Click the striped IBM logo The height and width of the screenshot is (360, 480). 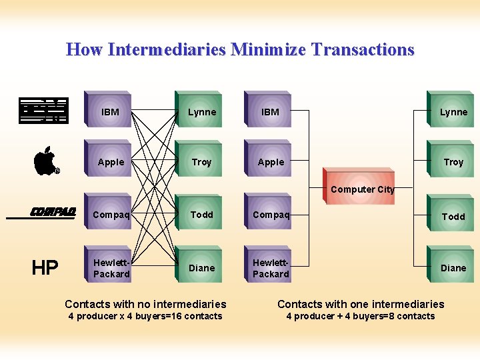43,111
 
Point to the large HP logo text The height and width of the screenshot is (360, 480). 45,268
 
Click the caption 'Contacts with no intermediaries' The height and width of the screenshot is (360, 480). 145,304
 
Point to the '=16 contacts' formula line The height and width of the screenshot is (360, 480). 145,316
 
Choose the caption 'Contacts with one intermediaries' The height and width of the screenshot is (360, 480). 361,304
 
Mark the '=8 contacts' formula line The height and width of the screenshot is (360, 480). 361,316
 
